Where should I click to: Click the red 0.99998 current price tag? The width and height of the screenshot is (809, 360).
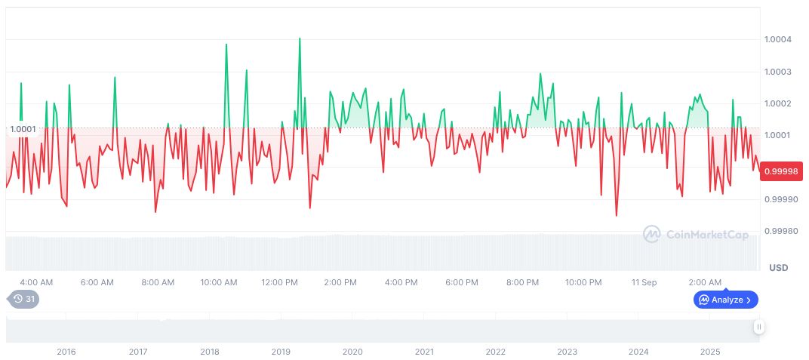pos(782,171)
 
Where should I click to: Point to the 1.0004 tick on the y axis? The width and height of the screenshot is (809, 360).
pos(778,39)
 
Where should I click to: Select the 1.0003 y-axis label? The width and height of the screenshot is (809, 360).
pos(778,72)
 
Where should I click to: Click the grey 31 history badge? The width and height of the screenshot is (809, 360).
pos(25,299)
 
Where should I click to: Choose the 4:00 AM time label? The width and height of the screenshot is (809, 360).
pos(36,282)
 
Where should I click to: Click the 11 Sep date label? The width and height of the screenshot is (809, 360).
pos(644,282)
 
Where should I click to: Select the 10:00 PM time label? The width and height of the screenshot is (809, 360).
pos(583,282)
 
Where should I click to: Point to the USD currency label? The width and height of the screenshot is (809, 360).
pos(778,268)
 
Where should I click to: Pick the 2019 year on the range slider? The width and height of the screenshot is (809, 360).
pos(281,352)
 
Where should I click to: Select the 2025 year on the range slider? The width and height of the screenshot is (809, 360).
pos(709,352)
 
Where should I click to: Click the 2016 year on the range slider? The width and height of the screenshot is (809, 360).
pos(66,352)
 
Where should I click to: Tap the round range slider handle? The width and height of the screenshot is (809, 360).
pos(758,327)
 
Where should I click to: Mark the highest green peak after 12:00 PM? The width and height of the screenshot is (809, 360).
pos(300,38)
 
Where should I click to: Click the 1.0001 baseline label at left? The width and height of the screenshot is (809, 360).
pos(23,129)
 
